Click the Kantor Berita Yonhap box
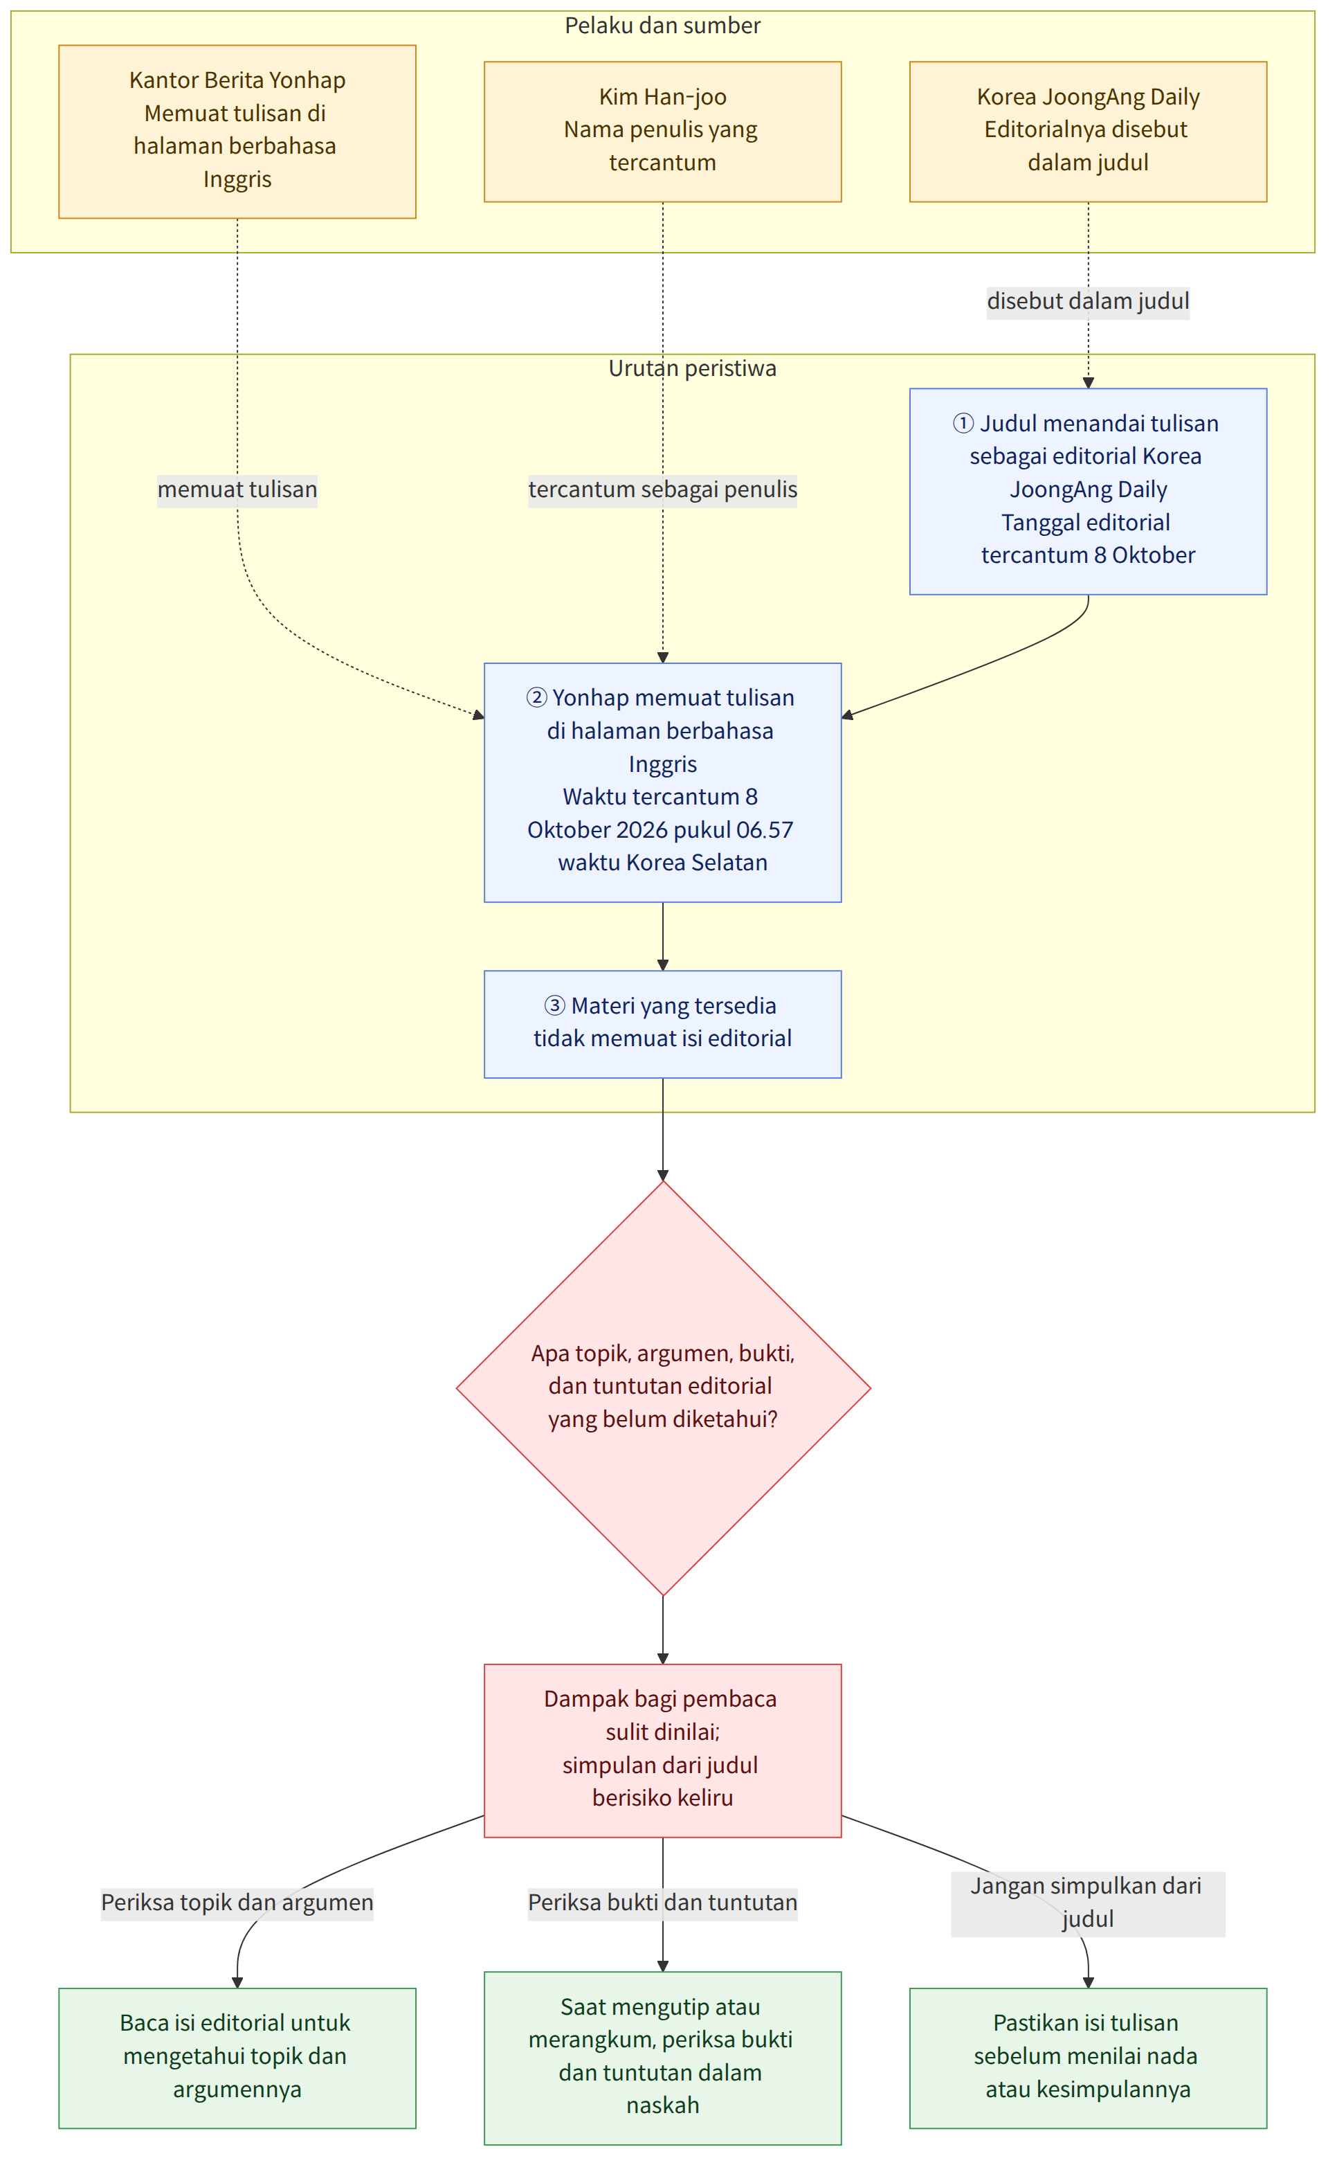point(237,132)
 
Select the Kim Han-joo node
point(662,132)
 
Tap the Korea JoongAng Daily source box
point(1088,132)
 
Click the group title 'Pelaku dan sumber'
point(662,26)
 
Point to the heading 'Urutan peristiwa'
point(692,368)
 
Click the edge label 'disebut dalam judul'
point(1088,300)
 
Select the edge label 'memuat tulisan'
point(237,489)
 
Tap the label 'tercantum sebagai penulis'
point(662,489)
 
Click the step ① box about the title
point(1088,491)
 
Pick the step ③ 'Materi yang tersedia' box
point(662,1024)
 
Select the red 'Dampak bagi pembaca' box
point(662,1750)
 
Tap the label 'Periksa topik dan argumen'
point(237,1902)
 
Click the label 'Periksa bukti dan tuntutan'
point(662,1902)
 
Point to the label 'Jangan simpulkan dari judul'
point(1088,1902)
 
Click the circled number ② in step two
point(537,698)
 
